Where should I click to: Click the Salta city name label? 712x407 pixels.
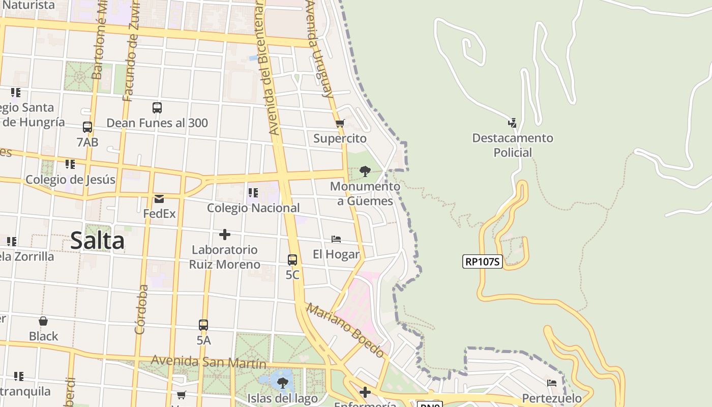pos(97,241)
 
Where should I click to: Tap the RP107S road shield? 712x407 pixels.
pos(482,261)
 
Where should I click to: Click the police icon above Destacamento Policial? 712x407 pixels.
pos(512,123)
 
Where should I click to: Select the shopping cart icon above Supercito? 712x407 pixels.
pos(340,123)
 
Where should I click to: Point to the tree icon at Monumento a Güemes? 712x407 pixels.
pos(365,171)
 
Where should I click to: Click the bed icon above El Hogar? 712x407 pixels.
pos(336,239)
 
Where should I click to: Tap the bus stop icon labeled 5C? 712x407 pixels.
pos(292,259)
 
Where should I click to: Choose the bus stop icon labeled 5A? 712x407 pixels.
pos(203,325)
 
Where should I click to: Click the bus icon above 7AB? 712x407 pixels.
pos(87,127)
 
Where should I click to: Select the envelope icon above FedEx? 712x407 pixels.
pos(159,198)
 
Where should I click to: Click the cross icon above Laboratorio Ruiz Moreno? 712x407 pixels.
pos(224,235)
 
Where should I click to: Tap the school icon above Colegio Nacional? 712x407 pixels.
pos(253,193)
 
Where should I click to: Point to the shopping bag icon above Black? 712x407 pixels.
pos(43,321)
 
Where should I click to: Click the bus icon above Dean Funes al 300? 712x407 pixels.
pos(157,108)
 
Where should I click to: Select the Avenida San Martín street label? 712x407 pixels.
pos(209,362)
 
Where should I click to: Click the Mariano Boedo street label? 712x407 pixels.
pos(345,330)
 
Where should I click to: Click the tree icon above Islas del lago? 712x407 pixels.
pos(282,383)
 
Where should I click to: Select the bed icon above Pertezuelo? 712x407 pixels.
pos(552,383)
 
